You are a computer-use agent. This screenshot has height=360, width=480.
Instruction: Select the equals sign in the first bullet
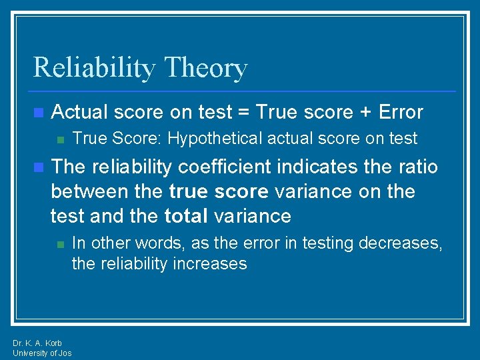coord(245,112)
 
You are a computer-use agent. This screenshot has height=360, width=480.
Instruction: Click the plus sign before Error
coord(366,112)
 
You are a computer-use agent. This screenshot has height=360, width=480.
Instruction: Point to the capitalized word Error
coord(400,112)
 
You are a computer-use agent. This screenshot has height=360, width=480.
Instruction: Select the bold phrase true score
coord(218,192)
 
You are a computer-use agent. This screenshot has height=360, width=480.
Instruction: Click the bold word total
coord(187,216)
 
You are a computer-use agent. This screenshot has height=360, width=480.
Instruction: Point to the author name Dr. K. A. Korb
coord(37,343)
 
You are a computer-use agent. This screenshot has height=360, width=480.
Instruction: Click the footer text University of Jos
coord(42,353)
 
